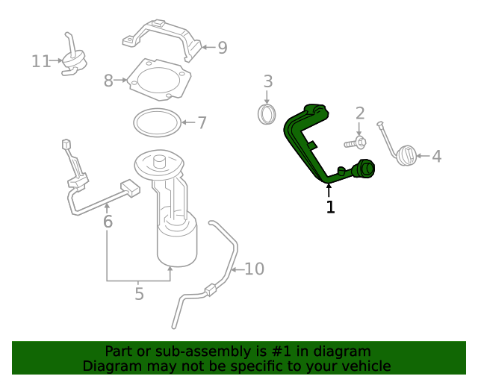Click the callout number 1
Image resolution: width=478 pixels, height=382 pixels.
coord(330,207)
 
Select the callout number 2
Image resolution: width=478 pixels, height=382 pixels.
coord(359,113)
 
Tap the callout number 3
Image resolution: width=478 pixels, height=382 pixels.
coord(267,81)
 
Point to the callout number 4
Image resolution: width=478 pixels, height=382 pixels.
coord(437,156)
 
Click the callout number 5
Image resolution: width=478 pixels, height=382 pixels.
coord(139,294)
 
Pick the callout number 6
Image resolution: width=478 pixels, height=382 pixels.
coord(108,222)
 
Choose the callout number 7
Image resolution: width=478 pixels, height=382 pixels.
coord(202,122)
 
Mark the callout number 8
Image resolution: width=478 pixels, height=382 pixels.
coord(108,81)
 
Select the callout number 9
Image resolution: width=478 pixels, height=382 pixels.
coord(222,48)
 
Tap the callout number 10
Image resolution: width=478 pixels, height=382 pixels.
coord(255,269)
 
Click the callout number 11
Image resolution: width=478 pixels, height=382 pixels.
coord(41,61)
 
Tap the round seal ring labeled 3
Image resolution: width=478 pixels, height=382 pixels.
coord(267,114)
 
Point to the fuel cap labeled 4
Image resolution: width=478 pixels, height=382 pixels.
coord(406,156)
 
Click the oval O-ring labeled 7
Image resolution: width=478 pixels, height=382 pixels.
coord(157,121)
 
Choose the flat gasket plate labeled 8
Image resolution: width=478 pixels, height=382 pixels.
coord(157,80)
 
